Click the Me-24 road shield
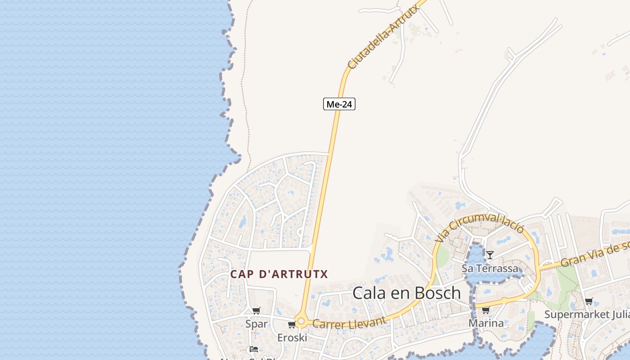[339, 104]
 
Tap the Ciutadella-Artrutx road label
[384, 37]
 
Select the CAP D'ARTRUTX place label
[279, 274]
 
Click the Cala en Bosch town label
[406, 293]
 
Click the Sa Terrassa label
[490, 269]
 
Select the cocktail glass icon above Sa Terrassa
[490, 256]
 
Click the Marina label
[486, 323]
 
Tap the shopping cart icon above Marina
[486, 310]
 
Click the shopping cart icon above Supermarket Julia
[589, 301]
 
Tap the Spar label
[256, 324]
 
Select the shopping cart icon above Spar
[256, 310]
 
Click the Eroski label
[292, 337]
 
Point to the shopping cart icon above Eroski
[292, 324]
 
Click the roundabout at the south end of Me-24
[301, 322]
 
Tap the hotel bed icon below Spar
[254, 349]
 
